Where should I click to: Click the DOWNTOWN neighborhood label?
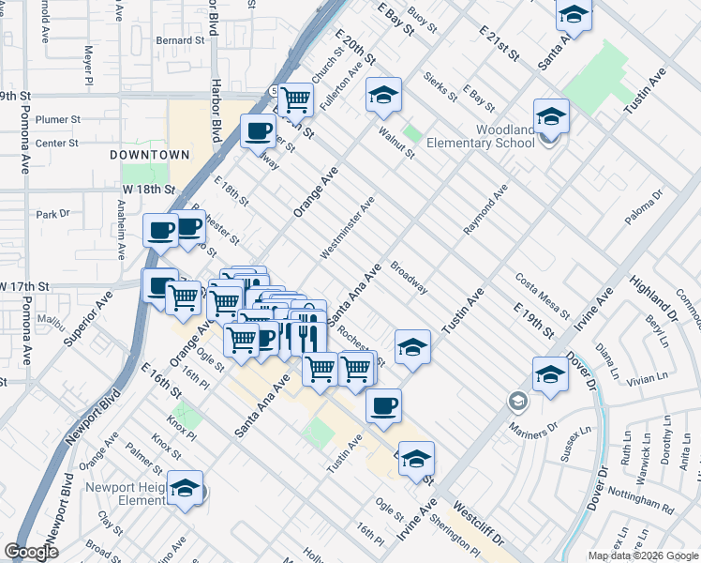tap(149, 154)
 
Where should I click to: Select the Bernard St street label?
tap(180, 41)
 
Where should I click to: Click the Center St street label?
tap(56, 144)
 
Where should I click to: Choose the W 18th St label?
tap(148, 189)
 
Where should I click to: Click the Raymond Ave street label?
tap(485, 210)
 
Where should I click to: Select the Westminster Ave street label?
tap(347, 226)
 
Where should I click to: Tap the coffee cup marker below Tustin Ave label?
tap(382, 405)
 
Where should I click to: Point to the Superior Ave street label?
tap(87, 318)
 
